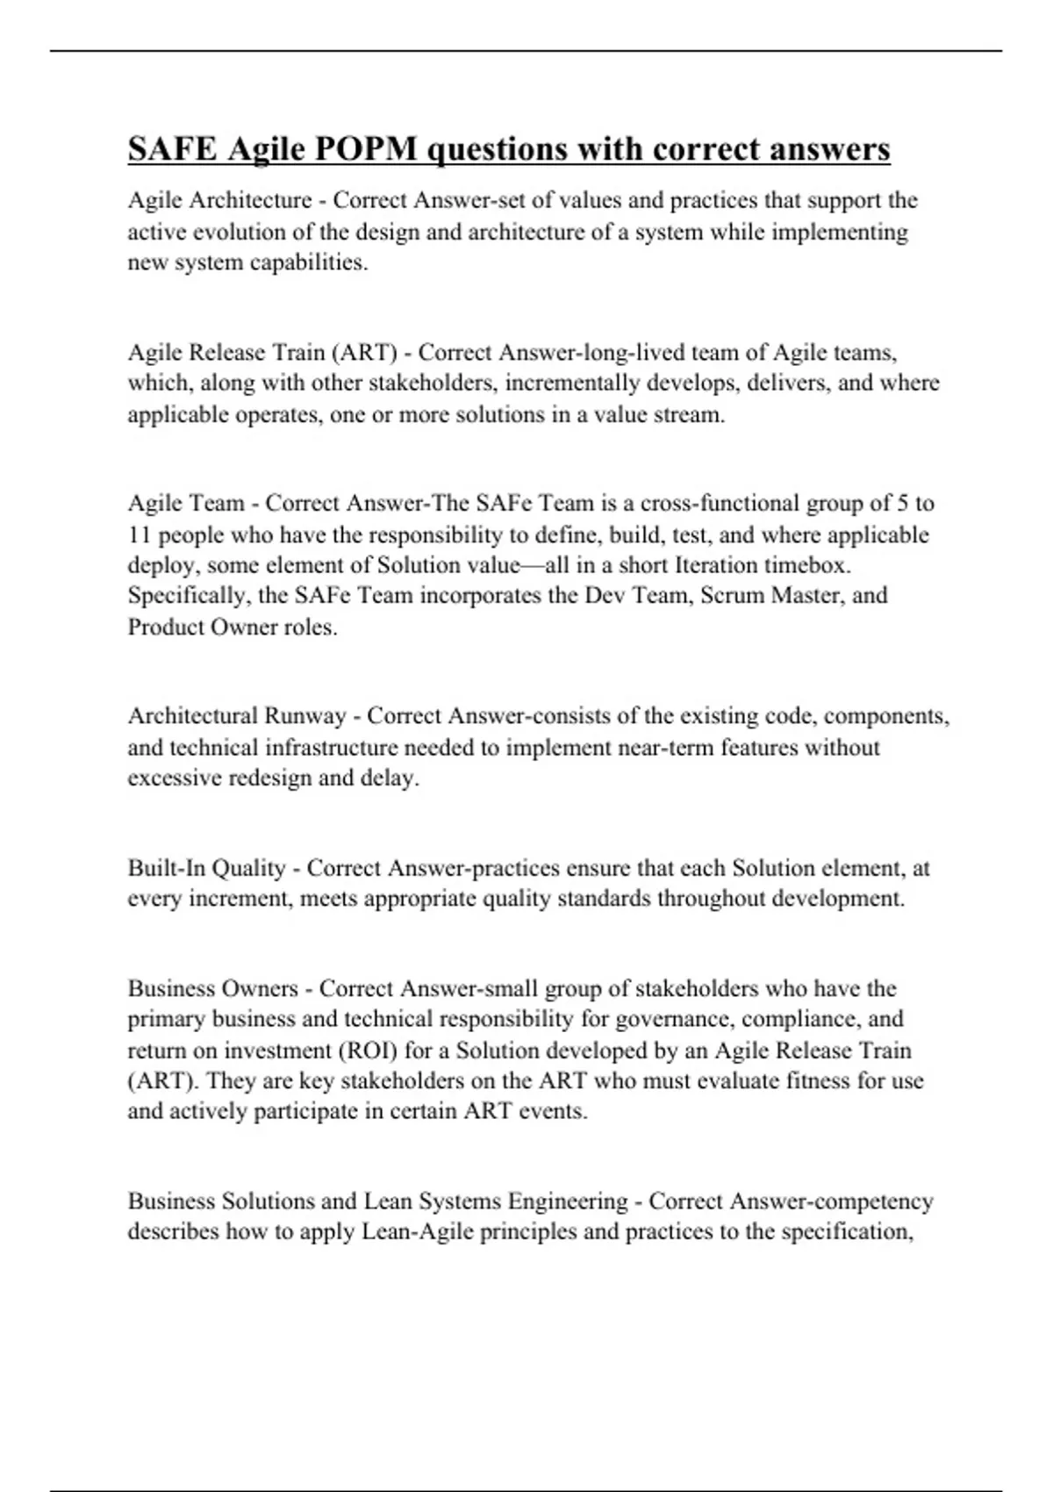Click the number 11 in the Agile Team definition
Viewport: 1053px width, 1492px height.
[140, 534]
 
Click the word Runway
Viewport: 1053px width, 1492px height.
[305, 716]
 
